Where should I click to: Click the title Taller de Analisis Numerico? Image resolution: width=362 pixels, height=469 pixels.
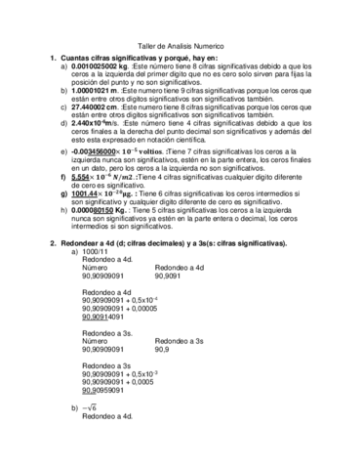181,46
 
